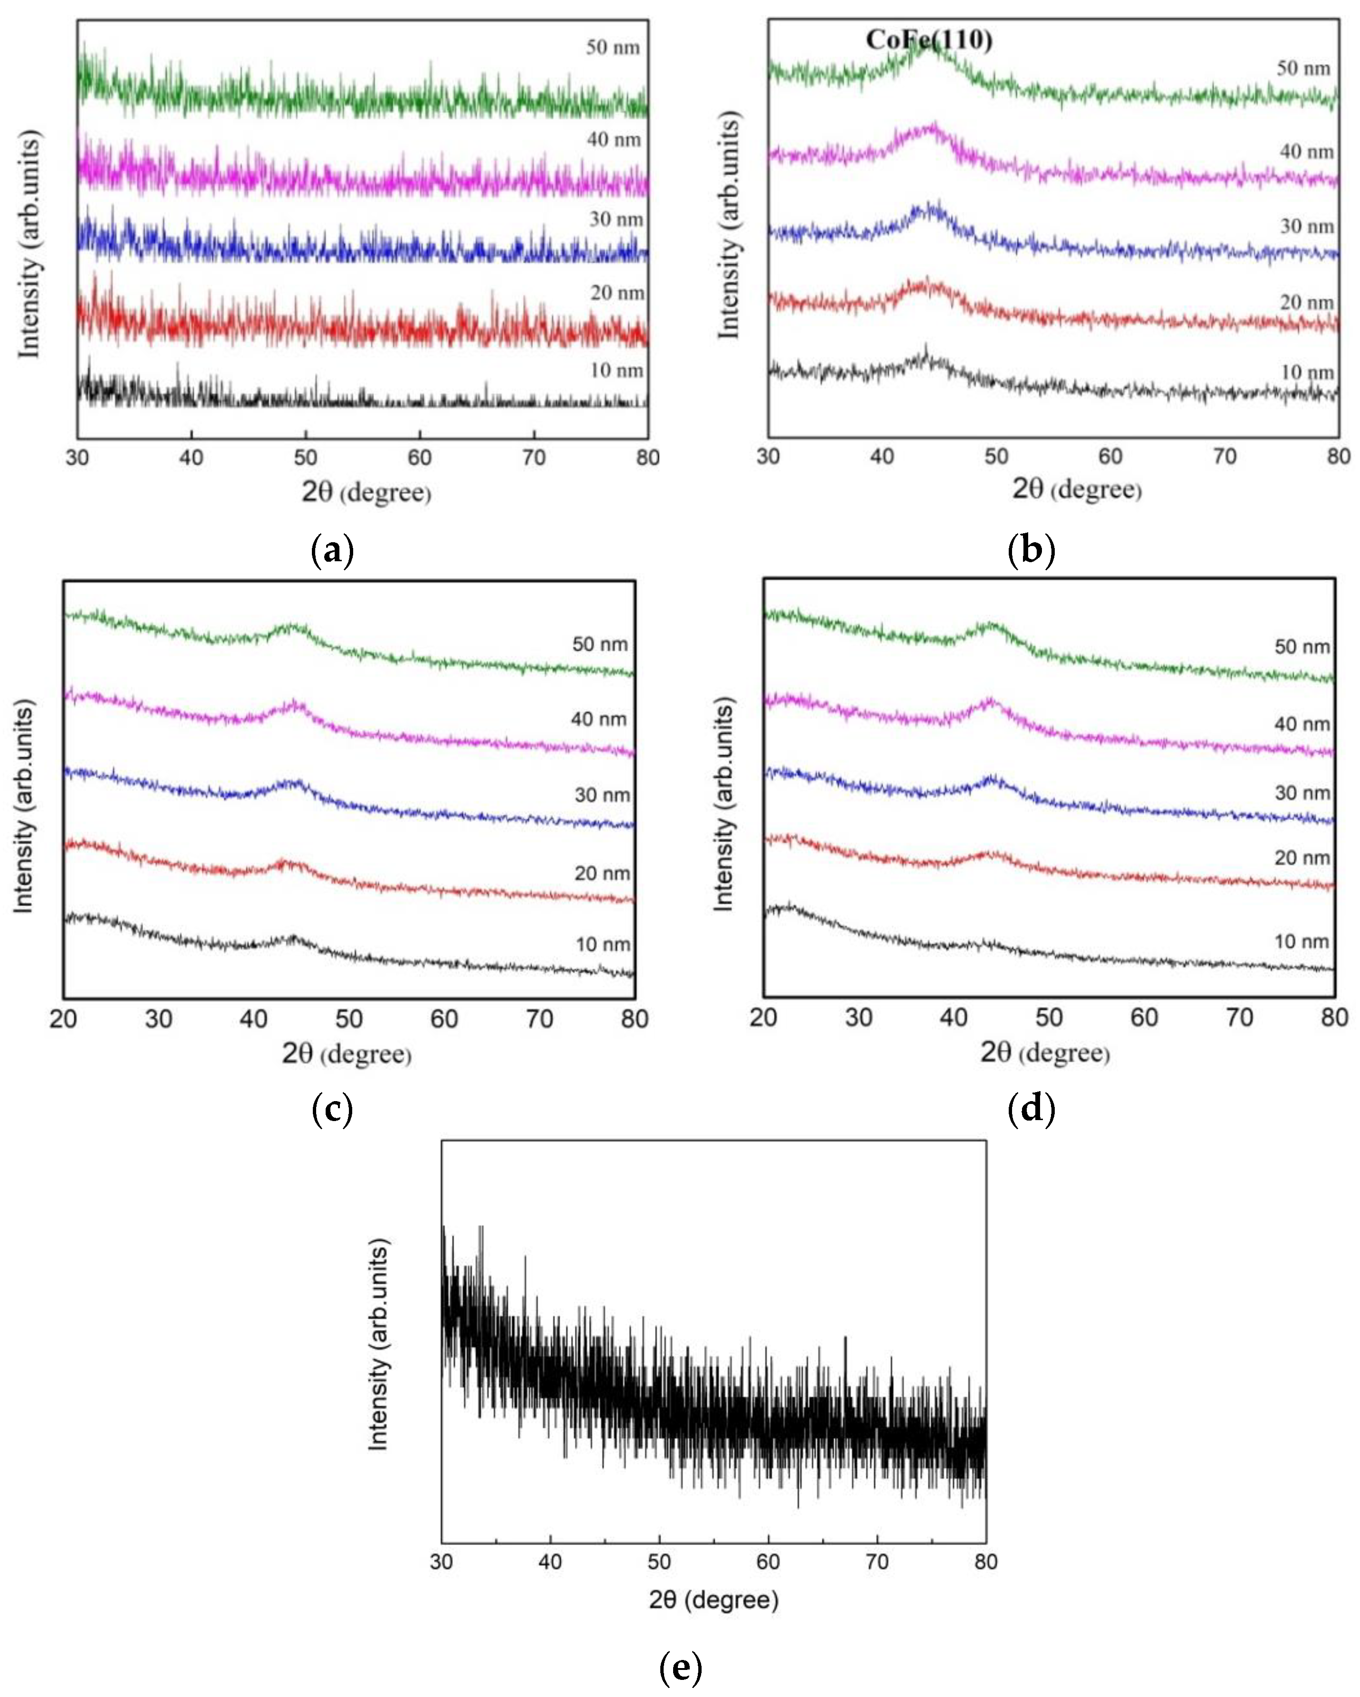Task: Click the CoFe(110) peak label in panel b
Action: click(928, 39)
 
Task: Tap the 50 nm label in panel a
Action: click(612, 47)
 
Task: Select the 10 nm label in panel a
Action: click(616, 370)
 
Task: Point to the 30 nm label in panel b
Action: click(1306, 226)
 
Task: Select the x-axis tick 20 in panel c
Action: click(63, 1019)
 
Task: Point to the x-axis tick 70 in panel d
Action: click(1239, 1018)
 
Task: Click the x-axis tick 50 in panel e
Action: click(659, 1562)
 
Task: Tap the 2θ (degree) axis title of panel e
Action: click(713, 1599)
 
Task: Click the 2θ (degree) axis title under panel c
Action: click(347, 1053)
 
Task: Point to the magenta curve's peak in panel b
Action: click(933, 128)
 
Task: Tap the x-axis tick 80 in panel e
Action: click(985, 1562)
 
